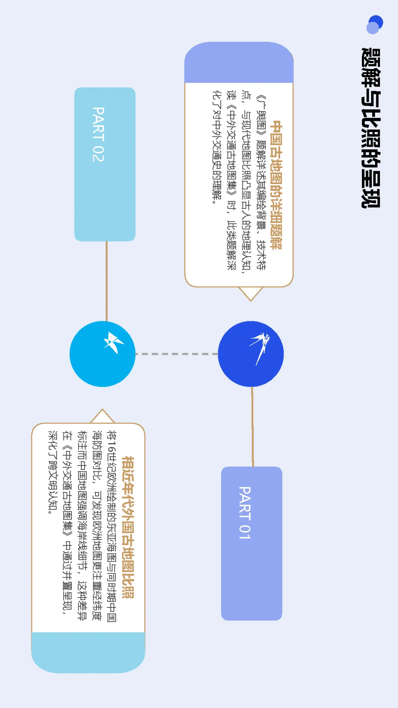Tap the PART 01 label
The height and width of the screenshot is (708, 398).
point(245,513)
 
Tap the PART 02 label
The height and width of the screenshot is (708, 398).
point(98,135)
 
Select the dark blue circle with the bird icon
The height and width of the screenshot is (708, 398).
point(251,354)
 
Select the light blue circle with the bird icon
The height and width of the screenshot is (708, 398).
point(102,354)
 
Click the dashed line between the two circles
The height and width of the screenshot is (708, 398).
point(177,354)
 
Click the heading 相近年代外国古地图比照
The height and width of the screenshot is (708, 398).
point(128,527)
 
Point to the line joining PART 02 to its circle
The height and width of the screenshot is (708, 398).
point(107,281)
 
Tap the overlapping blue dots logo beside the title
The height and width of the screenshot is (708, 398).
point(375,24)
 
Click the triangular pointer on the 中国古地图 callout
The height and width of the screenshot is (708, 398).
point(251,294)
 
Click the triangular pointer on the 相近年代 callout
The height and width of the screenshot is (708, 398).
point(102,416)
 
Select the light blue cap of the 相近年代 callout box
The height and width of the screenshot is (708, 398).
point(88,652)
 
